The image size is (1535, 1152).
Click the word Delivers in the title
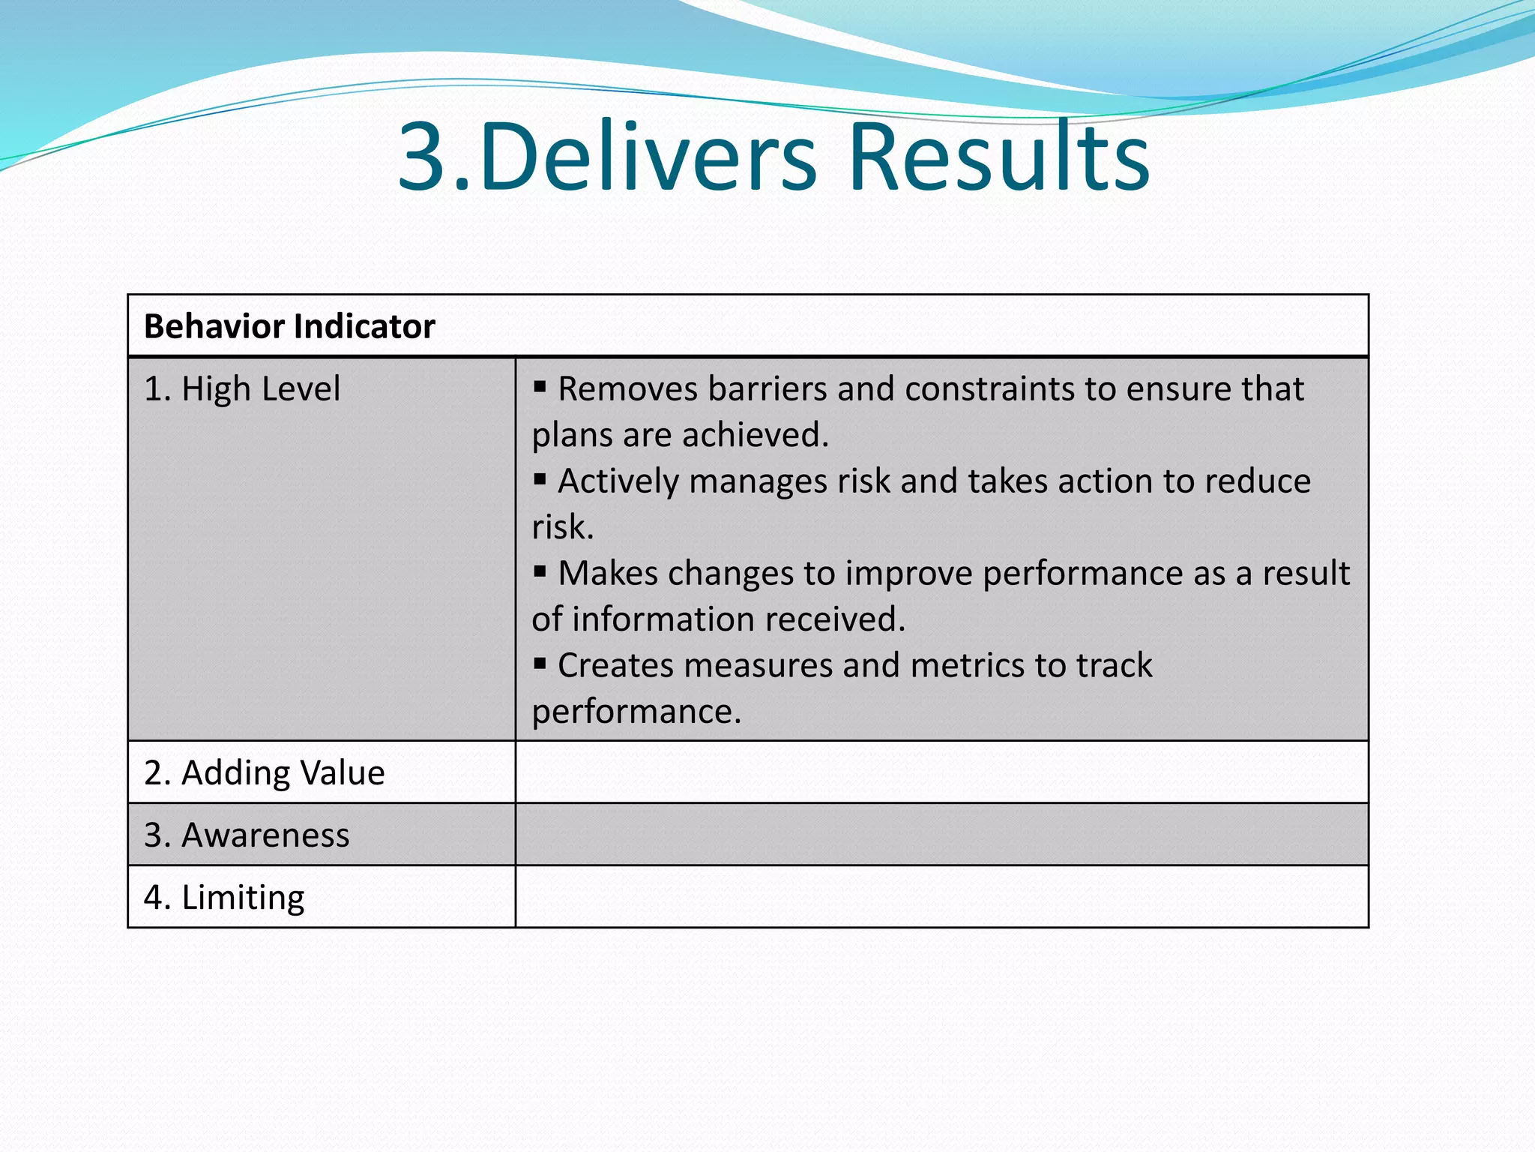648,158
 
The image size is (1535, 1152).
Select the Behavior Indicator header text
289,327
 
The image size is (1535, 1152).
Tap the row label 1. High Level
242,389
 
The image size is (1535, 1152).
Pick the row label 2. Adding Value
265,773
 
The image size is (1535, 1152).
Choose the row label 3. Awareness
247,835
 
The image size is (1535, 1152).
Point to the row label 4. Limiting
224,898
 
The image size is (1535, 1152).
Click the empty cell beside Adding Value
941,772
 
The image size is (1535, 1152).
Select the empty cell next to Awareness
941,835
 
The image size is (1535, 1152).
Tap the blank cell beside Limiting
941,897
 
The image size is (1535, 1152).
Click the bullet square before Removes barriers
540,387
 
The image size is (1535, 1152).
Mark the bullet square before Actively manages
540,479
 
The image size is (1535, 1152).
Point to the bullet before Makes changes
540,571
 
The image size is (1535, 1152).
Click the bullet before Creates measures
540,664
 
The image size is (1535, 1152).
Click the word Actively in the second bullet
618,481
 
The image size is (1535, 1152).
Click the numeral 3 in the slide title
424,158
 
